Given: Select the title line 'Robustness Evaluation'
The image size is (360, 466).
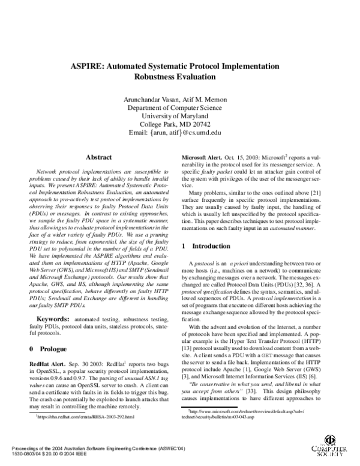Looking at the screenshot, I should (179, 77).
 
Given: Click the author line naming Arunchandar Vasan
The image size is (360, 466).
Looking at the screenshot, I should (179, 98).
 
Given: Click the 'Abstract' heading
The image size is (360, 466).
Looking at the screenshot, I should (99, 157).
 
